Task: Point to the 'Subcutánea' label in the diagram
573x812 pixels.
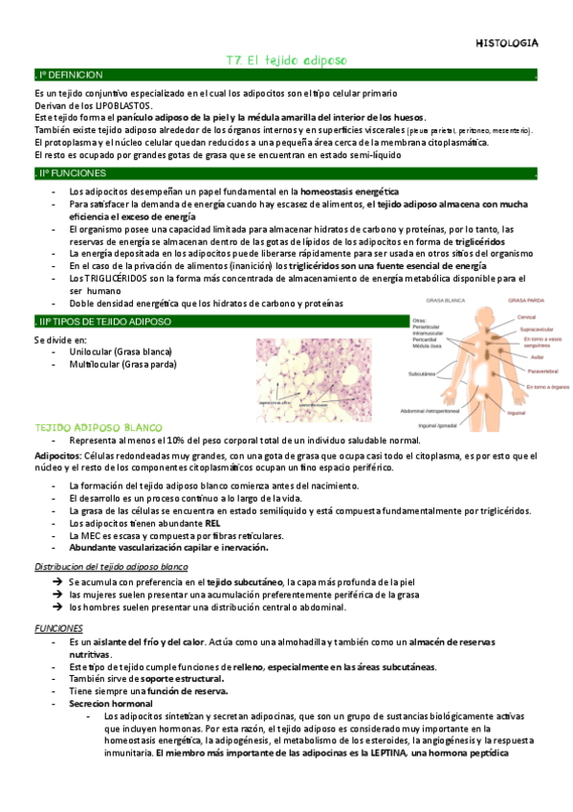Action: click(422, 372)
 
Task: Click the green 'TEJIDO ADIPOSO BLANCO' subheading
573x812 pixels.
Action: click(99, 426)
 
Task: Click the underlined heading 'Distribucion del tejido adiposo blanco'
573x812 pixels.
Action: click(109, 567)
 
